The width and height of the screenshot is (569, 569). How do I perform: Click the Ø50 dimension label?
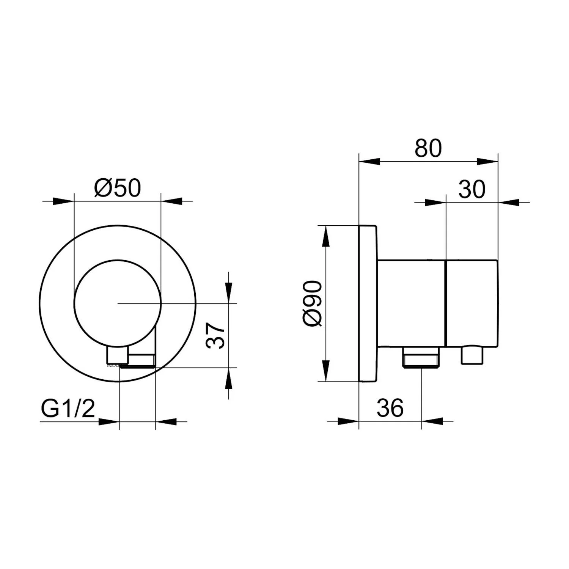click(117, 188)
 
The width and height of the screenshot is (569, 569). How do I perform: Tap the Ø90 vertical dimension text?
click(313, 303)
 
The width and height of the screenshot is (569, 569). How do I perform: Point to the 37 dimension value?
click(215, 335)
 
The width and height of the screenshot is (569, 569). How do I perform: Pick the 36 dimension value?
click(390, 408)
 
